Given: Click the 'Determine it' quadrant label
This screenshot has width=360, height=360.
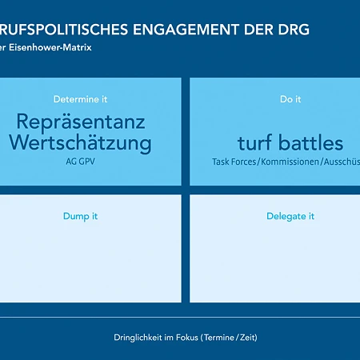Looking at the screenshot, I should [80, 99].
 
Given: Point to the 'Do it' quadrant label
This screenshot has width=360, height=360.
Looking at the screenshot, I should [290, 99].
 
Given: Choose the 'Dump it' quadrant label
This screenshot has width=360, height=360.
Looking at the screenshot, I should [80, 216].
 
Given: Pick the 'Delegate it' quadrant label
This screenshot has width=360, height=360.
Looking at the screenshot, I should [290, 216].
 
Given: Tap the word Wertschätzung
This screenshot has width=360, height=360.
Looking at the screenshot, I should [80, 143].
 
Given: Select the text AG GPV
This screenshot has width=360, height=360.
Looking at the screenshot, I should [80, 161].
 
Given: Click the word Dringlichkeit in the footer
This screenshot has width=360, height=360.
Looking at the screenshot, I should [138, 338].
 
